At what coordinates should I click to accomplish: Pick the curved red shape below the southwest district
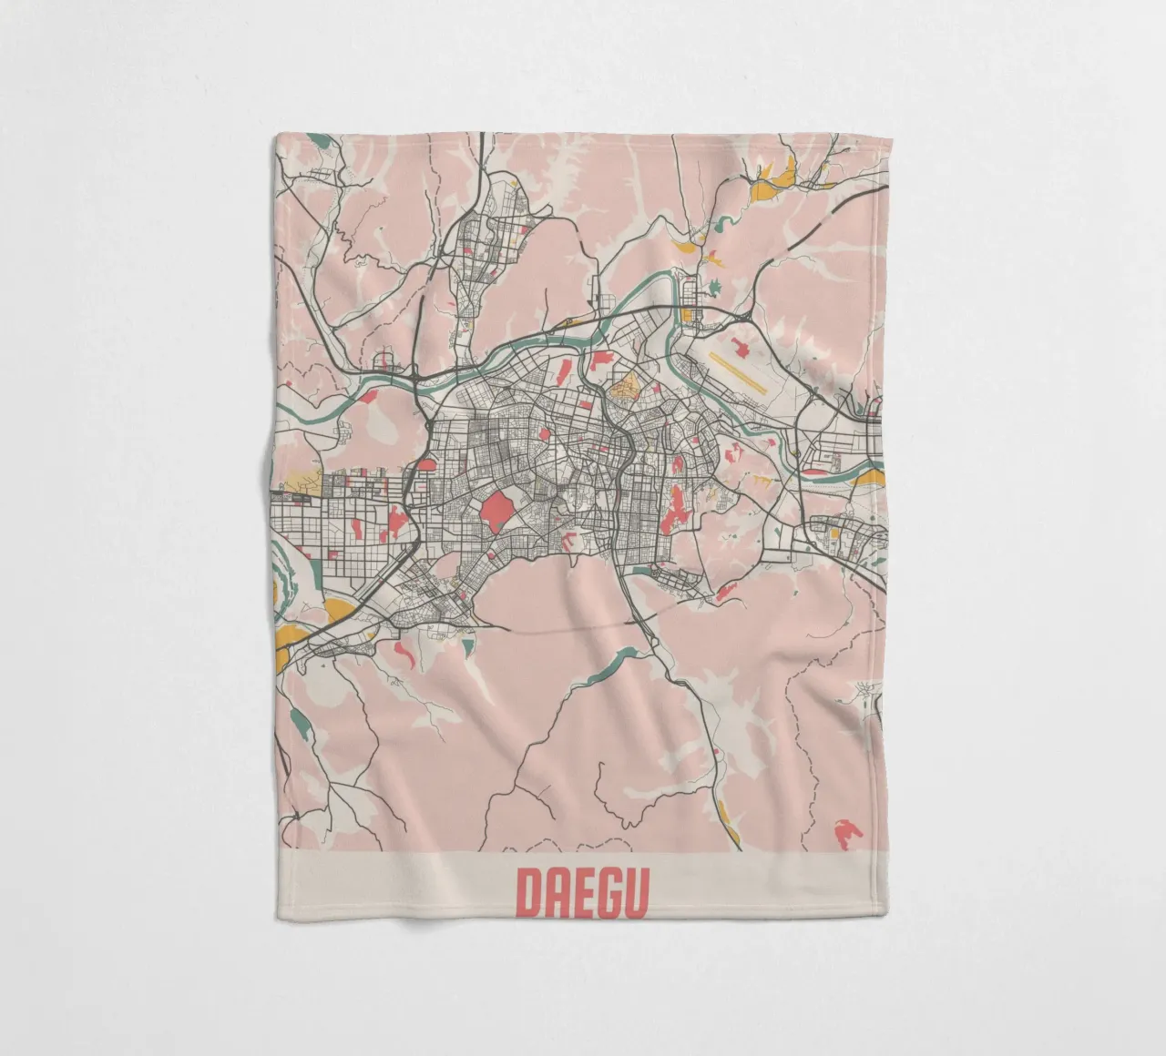(x=404, y=650)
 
